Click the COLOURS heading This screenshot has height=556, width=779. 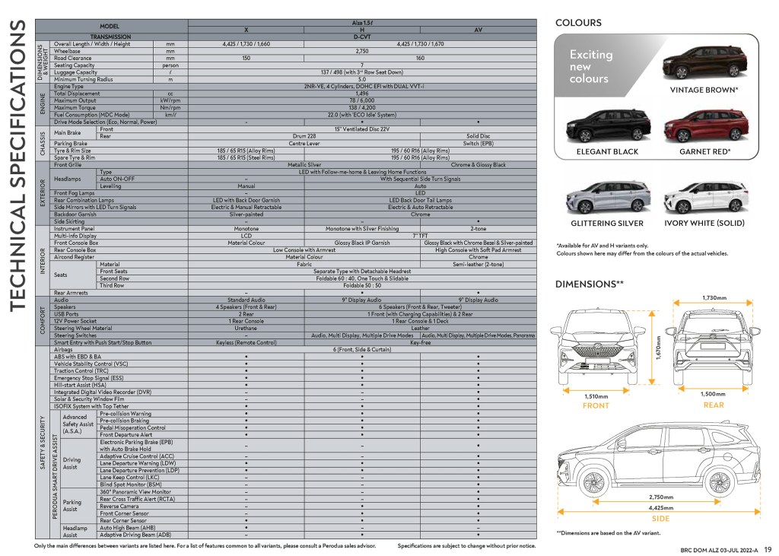tap(578, 23)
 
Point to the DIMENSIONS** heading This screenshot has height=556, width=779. tap(590, 284)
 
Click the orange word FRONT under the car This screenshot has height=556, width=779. tap(596, 405)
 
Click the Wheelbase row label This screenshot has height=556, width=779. tap(69, 51)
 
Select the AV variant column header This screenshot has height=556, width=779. tap(478, 30)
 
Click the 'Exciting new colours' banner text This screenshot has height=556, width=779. tap(592, 66)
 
